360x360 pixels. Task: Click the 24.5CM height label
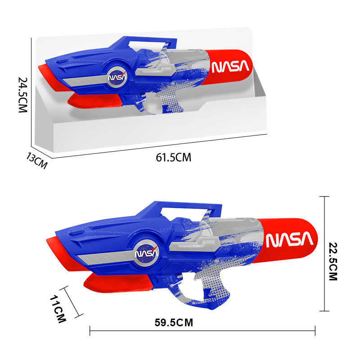click(23, 95)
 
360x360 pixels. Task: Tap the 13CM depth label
click(36, 160)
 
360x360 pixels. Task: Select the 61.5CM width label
click(173, 157)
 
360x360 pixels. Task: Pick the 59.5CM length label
click(174, 322)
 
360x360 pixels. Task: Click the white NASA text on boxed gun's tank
click(230, 67)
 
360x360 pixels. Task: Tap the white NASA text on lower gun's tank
click(289, 240)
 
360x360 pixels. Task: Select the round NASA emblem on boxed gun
click(118, 77)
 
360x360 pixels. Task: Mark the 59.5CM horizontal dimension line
click(202, 332)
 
